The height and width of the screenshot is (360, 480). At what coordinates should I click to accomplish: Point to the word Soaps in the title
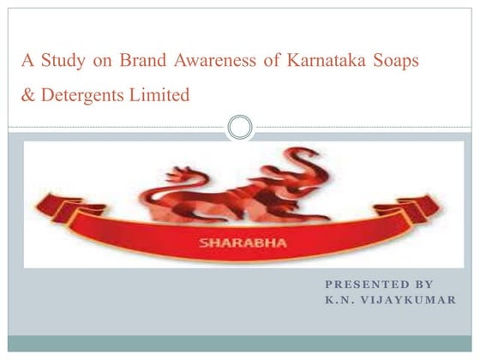click(403, 61)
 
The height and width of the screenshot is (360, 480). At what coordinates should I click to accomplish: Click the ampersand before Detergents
click(28, 95)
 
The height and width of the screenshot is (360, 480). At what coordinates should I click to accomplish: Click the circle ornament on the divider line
click(241, 129)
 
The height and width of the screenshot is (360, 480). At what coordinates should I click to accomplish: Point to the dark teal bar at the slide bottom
click(240, 342)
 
